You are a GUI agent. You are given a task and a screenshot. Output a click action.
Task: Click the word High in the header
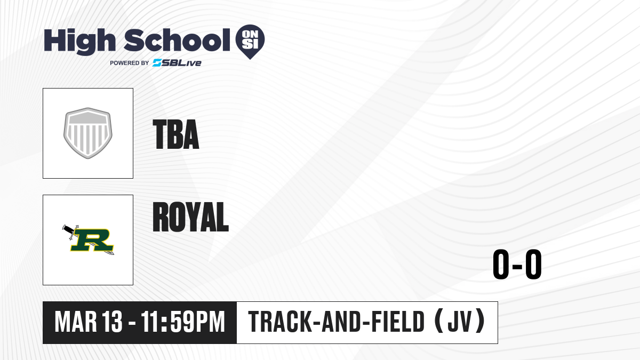(x=79, y=41)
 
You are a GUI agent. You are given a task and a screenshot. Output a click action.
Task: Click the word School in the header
(x=177, y=40)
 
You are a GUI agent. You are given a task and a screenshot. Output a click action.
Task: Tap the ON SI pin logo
(x=250, y=42)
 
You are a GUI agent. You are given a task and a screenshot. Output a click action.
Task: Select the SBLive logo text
(x=177, y=63)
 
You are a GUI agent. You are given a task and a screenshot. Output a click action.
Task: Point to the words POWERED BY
(x=130, y=63)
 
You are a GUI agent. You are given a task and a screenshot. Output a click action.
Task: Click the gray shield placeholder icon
(x=87, y=133)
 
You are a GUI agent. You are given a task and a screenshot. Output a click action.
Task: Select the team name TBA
(x=175, y=134)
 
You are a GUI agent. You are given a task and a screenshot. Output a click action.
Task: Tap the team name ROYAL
(x=190, y=217)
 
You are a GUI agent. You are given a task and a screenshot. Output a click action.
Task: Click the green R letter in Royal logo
(x=92, y=240)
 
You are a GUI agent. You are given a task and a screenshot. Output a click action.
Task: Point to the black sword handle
(x=68, y=229)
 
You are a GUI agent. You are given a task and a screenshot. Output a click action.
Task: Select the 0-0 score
(x=517, y=264)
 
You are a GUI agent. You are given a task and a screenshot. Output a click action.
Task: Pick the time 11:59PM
(x=183, y=322)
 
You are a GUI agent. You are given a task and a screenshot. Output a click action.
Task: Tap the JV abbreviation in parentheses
(x=459, y=322)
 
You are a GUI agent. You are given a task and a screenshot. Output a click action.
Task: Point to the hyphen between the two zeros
(x=517, y=266)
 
